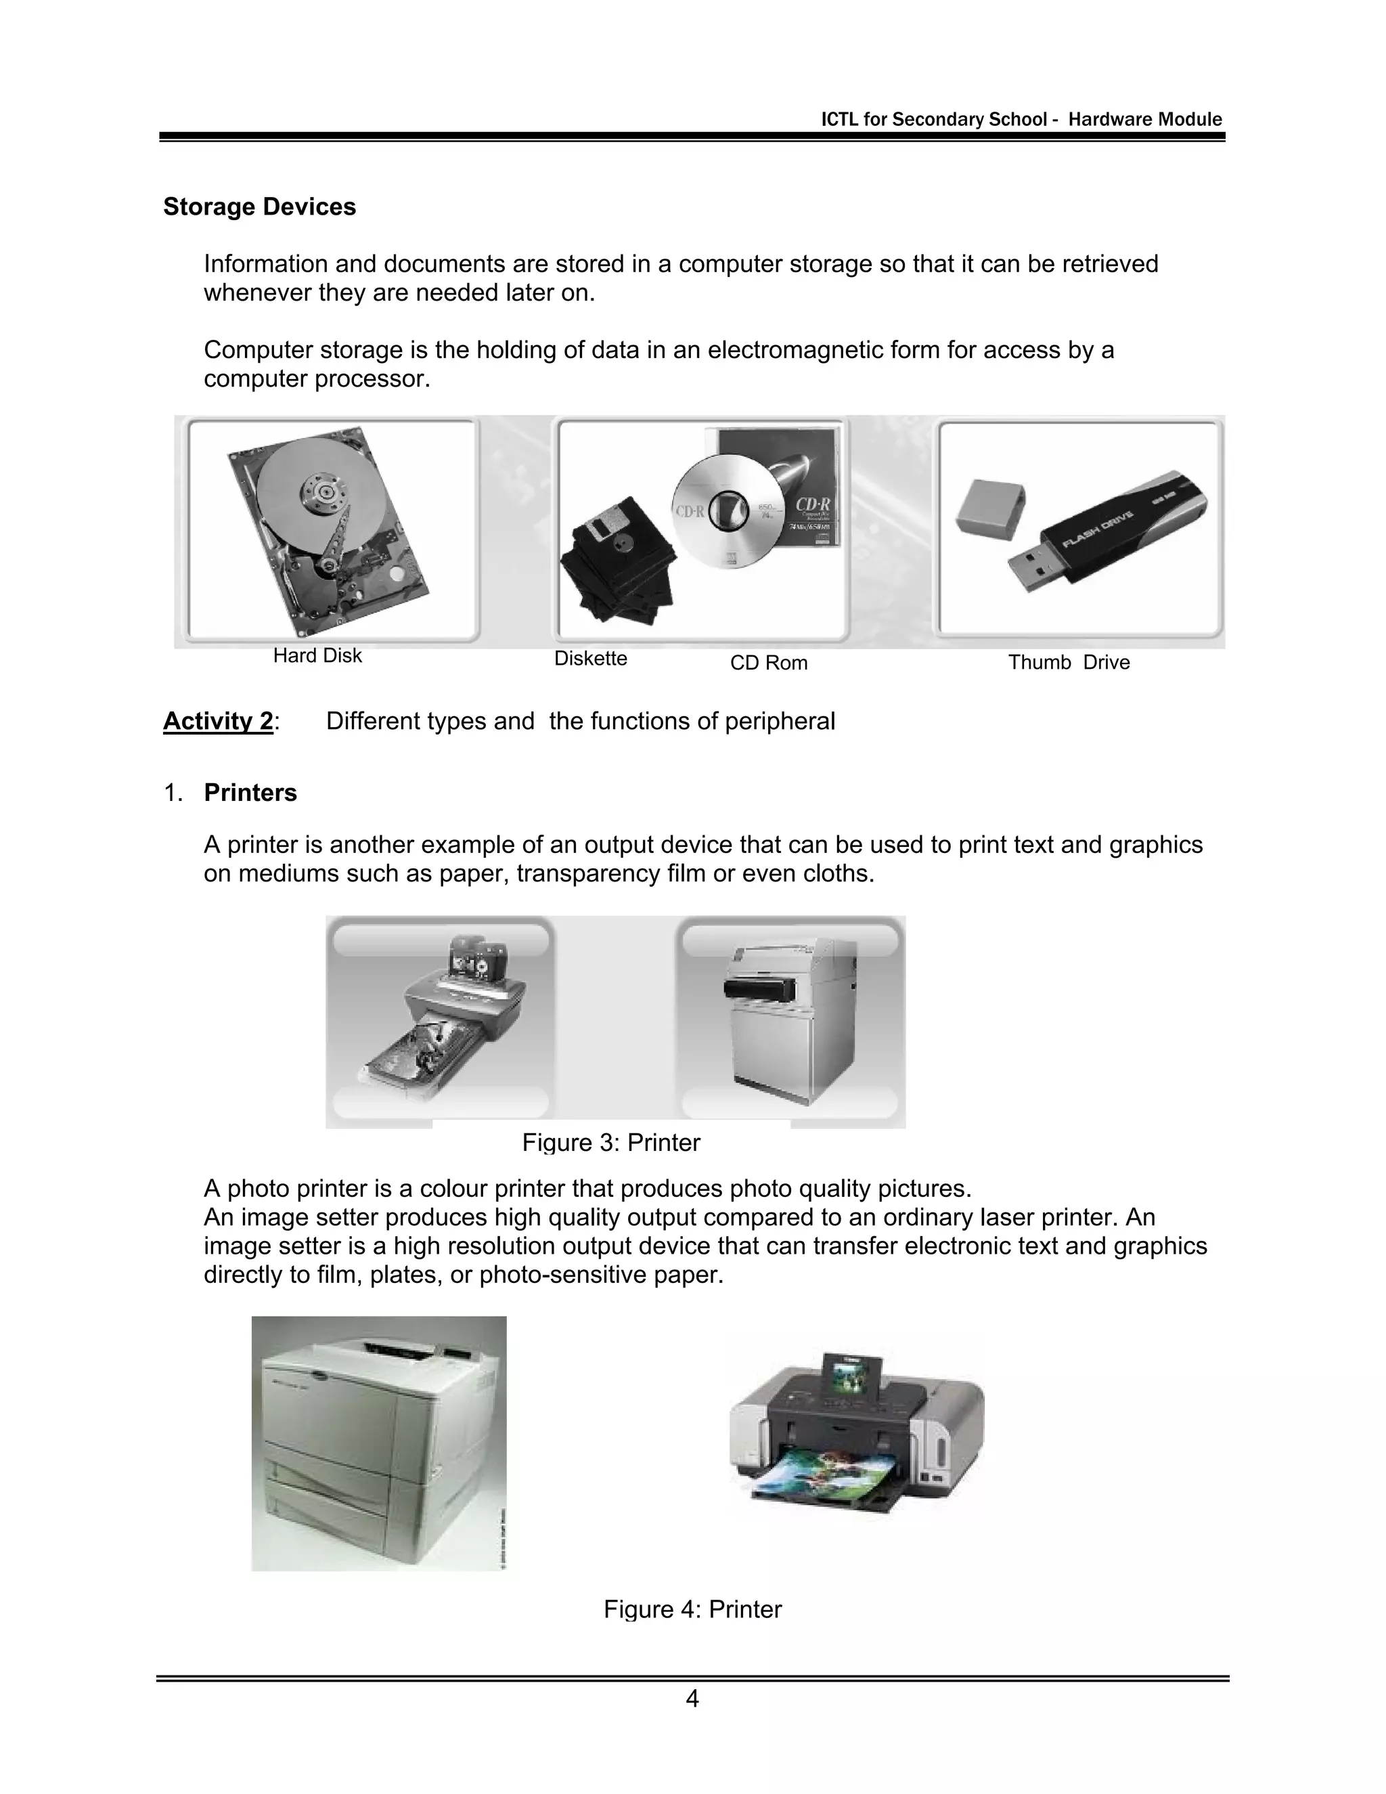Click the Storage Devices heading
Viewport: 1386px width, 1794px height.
click(x=259, y=207)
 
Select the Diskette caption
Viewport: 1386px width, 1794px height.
click(x=590, y=659)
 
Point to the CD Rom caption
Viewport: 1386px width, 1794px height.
click(x=769, y=663)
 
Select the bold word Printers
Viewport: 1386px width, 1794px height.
click(x=250, y=793)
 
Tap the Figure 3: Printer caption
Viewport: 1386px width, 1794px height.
click(x=611, y=1143)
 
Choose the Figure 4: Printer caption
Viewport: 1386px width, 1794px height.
click(x=692, y=1609)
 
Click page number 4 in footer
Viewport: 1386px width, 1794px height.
click(x=692, y=1699)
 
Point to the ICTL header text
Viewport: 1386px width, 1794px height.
click(x=1021, y=120)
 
